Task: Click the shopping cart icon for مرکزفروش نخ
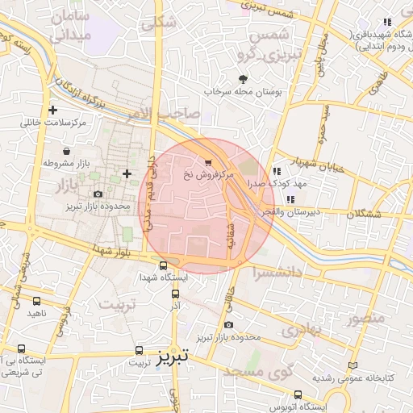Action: (x=210, y=161)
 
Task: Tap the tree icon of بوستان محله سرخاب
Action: (x=243, y=79)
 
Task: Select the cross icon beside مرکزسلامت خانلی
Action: (x=53, y=110)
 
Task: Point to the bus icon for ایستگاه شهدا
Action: (x=164, y=265)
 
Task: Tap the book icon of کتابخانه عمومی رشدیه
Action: (x=351, y=365)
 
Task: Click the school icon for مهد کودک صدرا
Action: (x=277, y=171)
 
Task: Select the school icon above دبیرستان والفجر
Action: (x=290, y=199)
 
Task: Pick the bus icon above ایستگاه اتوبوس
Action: (x=298, y=394)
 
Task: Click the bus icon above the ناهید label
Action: (x=35, y=299)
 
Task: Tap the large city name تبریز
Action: (x=173, y=356)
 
